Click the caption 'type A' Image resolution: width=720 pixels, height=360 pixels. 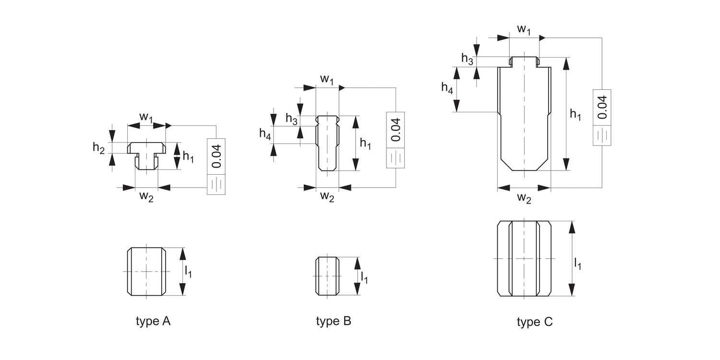[x=153, y=321]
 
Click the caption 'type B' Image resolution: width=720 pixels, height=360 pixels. [x=334, y=321]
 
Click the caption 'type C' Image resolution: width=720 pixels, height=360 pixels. [x=535, y=322]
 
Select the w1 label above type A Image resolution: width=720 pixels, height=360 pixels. [x=146, y=117]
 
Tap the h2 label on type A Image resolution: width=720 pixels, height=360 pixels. [x=98, y=148]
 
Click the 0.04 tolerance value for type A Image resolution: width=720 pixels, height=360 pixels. [x=216, y=156]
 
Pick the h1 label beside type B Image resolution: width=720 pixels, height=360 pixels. [x=365, y=143]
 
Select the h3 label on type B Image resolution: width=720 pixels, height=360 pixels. [x=291, y=118]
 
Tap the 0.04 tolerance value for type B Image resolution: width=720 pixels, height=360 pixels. [x=396, y=130]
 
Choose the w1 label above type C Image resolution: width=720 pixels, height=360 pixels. [x=524, y=29]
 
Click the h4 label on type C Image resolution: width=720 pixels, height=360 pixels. [x=447, y=87]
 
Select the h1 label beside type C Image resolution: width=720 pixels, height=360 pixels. [x=576, y=114]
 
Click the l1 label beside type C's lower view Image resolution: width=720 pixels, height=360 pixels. [x=577, y=263]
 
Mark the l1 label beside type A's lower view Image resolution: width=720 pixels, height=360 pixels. [x=189, y=272]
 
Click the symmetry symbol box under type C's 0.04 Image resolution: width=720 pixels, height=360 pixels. [x=602, y=136]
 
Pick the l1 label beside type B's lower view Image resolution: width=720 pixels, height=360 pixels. [x=365, y=277]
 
